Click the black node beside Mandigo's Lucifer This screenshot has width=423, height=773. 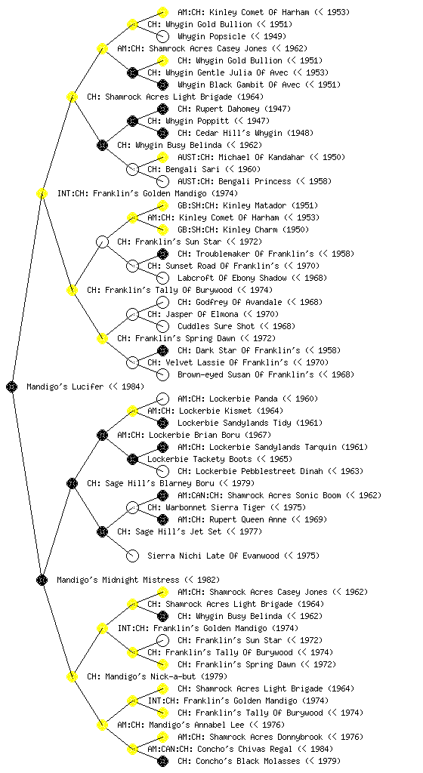(x=12, y=386)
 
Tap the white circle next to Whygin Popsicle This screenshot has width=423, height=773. (x=162, y=36)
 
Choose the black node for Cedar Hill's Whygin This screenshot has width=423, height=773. (x=162, y=133)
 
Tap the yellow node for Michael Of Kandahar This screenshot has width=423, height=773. (x=162, y=157)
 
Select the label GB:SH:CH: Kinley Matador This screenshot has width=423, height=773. (x=248, y=205)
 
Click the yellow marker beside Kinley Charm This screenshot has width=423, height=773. (x=162, y=229)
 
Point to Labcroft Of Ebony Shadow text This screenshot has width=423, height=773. (x=252, y=278)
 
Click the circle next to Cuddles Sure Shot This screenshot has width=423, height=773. (x=162, y=326)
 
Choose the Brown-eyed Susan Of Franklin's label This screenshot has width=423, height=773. (x=266, y=374)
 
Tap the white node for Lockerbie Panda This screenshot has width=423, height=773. (x=162, y=399)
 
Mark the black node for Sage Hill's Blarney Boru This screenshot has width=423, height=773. (x=72, y=483)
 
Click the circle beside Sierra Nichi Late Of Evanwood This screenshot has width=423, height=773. (x=132, y=556)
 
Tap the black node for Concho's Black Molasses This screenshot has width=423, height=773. (x=162, y=761)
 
